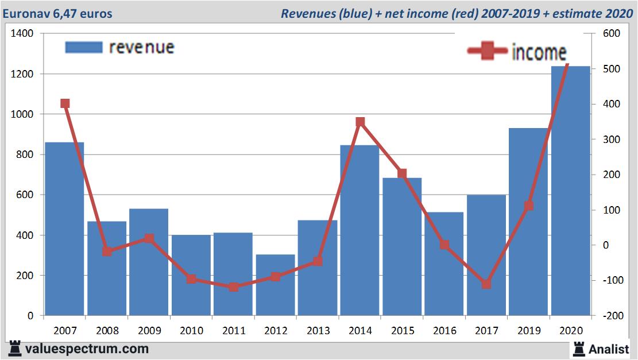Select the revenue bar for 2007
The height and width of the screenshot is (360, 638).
65,230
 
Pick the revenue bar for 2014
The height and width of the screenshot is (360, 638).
359,230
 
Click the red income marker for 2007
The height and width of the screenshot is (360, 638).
65,104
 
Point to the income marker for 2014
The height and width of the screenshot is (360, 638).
360,122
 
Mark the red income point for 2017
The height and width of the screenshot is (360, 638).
486,284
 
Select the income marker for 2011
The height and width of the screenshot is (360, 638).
233,287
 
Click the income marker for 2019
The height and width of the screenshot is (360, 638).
529,206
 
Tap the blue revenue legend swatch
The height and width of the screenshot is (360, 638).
83,47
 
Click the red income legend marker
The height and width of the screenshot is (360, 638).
487,52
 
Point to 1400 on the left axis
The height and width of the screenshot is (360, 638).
22,34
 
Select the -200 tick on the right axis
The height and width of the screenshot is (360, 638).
610,316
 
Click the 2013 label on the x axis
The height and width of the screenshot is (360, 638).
318,331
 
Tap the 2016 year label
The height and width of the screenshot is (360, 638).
444,331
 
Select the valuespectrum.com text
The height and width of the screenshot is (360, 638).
87,349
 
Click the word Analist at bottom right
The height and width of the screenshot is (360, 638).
609,349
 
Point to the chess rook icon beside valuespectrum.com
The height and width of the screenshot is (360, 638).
15,349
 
